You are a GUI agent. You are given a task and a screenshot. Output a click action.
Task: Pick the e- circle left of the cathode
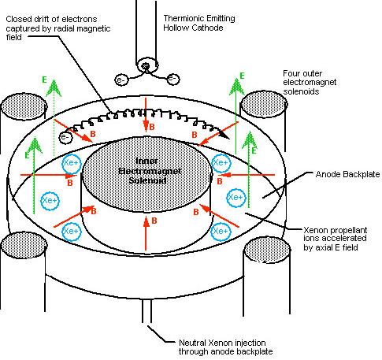coord(121,79)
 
